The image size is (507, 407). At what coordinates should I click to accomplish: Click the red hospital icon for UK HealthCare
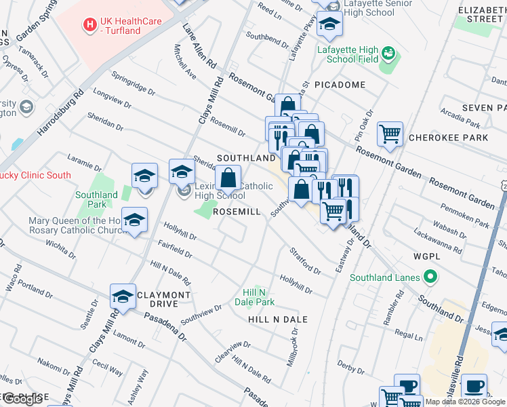click(89, 25)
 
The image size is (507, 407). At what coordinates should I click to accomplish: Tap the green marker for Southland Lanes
click(428, 277)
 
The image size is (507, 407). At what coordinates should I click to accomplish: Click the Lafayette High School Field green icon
click(388, 52)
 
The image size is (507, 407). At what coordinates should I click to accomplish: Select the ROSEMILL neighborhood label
click(236, 212)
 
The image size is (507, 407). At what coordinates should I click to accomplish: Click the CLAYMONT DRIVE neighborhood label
click(163, 299)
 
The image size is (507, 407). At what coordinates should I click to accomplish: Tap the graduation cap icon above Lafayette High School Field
click(329, 24)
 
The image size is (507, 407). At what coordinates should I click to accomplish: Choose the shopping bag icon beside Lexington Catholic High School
click(228, 179)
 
